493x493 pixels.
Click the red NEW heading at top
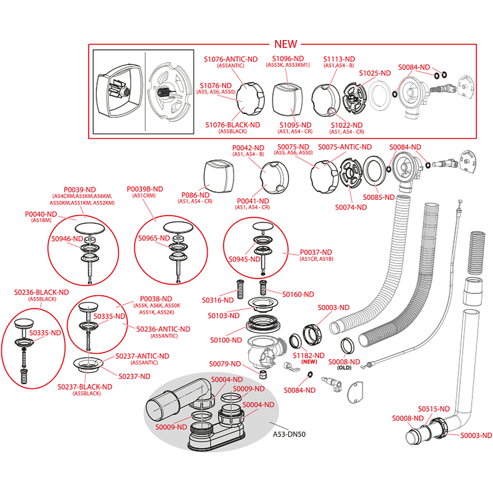pyautogui.click(x=285, y=44)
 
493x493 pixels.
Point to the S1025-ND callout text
pyautogui.click(x=375, y=73)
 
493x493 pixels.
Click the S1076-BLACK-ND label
pyautogui.click(x=232, y=124)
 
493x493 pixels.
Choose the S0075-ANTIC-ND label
pyautogui.click(x=345, y=147)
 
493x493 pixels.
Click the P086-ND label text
pyautogui.click(x=195, y=195)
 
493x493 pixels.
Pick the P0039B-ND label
pyautogui.click(x=145, y=189)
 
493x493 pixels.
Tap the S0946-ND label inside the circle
pyautogui.click(x=67, y=238)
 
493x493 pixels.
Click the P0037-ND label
pyautogui.click(x=316, y=252)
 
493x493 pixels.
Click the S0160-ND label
pyautogui.click(x=298, y=294)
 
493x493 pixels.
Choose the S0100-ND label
pyautogui.click(x=226, y=340)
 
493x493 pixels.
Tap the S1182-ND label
pyautogui.click(x=309, y=356)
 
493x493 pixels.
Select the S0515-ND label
pyautogui.click(x=434, y=409)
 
